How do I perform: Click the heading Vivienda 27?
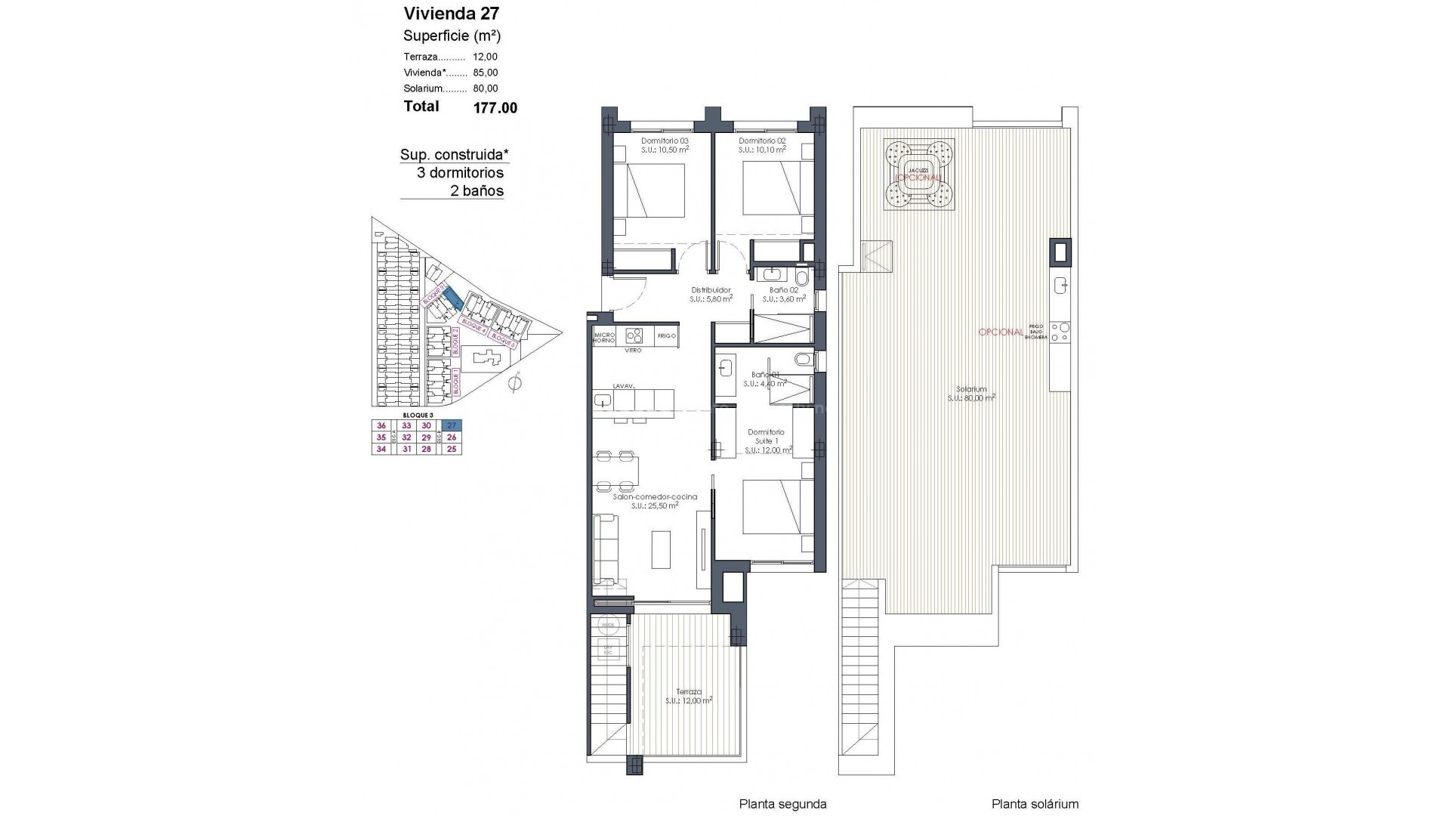click(x=451, y=13)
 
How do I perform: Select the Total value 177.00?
click(x=495, y=108)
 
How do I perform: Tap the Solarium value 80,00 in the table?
click(x=485, y=88)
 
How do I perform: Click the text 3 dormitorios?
click(x=460, y=172)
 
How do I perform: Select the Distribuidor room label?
click(x=711, y=290)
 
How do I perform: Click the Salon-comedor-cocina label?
click(x=654, y=496)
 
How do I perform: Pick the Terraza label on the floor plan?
click(x=689, y=691)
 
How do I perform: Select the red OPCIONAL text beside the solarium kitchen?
click(x=1001, y=332)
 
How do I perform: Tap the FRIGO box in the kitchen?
click(x=666, y=335)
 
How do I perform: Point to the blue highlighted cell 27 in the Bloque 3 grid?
click(x=452, y=425)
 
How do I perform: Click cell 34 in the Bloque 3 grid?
click(x=381, y=449)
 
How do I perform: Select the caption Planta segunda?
click(x=782, y=804)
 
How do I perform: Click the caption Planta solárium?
click(x=1035, y=804)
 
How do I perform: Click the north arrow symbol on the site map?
click(x=516, y=383)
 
